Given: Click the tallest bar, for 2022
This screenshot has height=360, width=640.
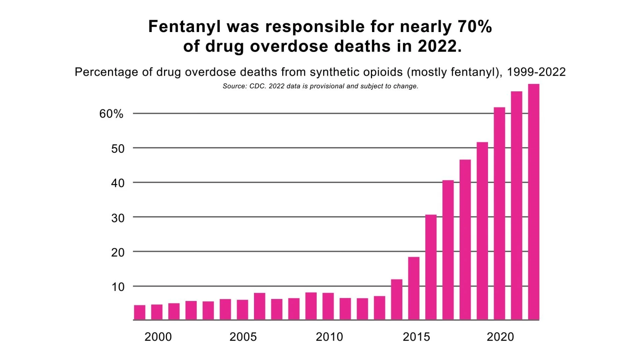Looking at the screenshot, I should [x=533, y=202].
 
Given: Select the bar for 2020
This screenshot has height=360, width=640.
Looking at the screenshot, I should [x=499, y=213].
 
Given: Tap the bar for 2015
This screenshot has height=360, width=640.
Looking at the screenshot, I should [x=414, y=288].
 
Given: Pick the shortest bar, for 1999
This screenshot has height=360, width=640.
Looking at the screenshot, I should [x=140, y=312].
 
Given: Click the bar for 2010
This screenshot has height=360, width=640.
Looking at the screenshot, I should [x=328, y=306].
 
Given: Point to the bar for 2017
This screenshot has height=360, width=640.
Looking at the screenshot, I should [x=448, y=250].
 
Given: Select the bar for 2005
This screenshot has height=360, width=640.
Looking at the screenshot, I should [x=242, y=310].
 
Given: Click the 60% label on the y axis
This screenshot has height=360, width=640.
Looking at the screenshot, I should [x=111, y=114].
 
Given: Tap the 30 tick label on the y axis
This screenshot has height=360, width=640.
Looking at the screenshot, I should [x=118, y=218].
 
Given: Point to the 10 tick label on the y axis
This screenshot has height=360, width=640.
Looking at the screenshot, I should [x=118, y=287].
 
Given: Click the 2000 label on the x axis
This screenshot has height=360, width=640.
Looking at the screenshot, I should [x=158, y=337].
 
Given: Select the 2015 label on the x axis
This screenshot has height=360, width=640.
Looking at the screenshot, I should [x=416, y=337].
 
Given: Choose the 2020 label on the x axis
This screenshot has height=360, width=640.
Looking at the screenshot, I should [x=500, y=337].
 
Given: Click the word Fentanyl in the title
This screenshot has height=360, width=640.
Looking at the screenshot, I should [x=184, y=27].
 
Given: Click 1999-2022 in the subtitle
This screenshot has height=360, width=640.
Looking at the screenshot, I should [x=536, y=72].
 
